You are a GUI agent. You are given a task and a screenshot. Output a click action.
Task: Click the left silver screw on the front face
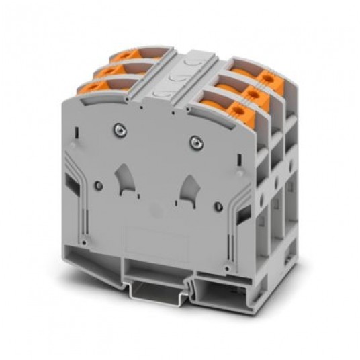(x=120, y=128)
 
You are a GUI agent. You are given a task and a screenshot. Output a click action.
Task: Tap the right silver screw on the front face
(x=195, y=140)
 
